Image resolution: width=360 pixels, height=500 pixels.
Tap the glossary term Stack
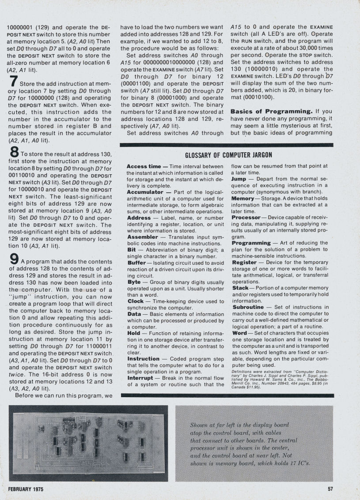point(241,288)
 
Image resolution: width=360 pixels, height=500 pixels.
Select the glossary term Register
point(244,262)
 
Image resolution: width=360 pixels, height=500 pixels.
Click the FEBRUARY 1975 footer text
point(26,489)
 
